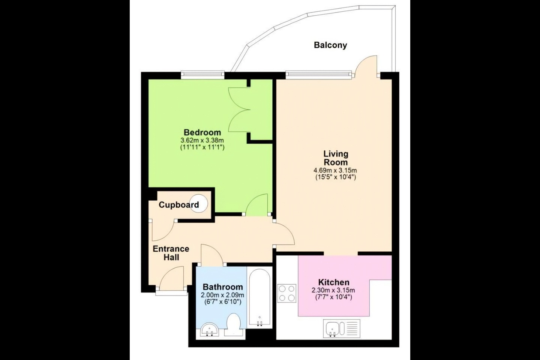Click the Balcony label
click(330, 45)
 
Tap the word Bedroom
click(202, 132)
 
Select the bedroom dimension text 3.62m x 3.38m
click(202, 140)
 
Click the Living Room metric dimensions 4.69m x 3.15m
click(335, 170)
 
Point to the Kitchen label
click(334, 282)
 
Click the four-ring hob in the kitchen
click(286, 293)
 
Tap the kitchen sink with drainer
click(342, 328)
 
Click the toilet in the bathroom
click(233, 324)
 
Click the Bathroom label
click(222, 287)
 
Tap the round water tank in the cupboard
click(199, 204)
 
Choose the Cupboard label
click(178, 205)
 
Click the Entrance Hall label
click(171, 253)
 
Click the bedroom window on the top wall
click(203, 74)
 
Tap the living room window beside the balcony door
click(318, 75)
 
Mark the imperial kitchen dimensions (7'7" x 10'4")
click(333, 297)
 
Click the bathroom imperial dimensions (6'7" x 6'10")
click(222, 301)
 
